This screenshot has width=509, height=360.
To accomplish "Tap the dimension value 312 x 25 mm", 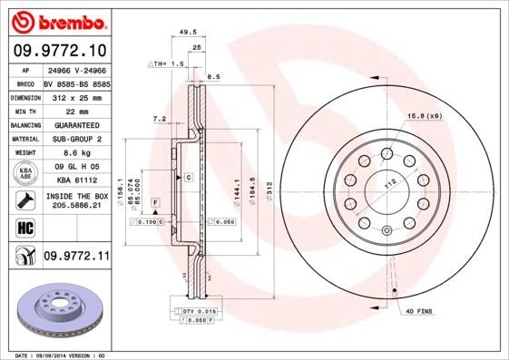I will click(76, 96).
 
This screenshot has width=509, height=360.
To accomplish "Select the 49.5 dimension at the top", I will click(188, 31).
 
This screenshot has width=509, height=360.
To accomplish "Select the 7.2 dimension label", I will click(159, 118).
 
